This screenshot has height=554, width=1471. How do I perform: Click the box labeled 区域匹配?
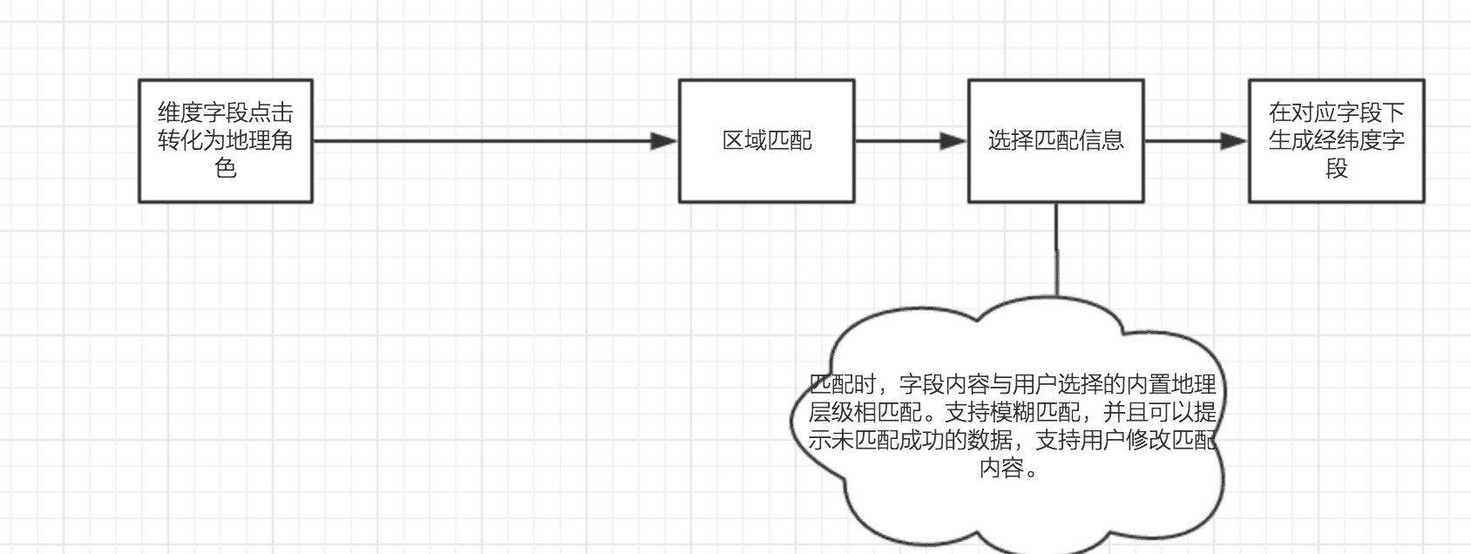[x=766, y=141]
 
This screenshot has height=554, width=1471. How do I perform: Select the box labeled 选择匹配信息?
[x=1055, y=141]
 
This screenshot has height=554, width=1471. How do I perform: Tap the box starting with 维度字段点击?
[x=226, y=141]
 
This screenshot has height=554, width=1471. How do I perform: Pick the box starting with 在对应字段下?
[x=1336, y=141]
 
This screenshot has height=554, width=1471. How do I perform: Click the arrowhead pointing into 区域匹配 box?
[x=665, y=141]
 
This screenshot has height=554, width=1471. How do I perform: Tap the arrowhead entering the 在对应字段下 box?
[x=1235, y=141]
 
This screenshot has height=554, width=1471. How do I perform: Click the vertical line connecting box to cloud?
[x=1056, y=253]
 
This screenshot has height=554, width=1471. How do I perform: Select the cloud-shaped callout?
[x=1011, y=505]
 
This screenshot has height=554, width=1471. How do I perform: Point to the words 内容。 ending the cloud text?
[x=1011, y=469]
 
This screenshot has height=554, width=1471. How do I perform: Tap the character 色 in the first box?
[x=226, y=168]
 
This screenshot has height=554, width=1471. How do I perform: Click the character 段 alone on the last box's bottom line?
[x=1336, y=168]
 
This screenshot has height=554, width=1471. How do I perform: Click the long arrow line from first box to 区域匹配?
[x=479, y=141]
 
